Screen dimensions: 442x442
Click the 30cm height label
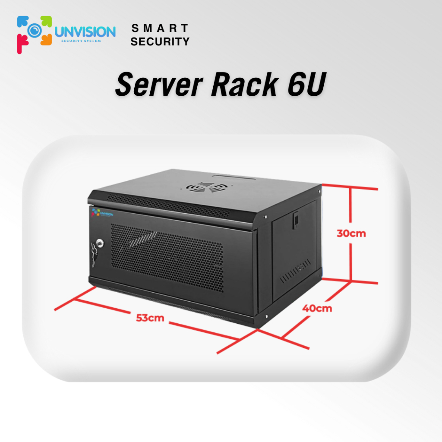351,234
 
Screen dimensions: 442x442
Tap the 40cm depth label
317,308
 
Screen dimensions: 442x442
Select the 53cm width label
150,318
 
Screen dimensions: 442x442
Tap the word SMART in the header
160,28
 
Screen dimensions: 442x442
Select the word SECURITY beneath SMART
160,42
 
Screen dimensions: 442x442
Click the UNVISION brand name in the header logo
85,32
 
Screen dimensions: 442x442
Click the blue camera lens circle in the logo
35,31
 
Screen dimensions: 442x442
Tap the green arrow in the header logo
46,22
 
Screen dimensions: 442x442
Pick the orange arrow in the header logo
46,40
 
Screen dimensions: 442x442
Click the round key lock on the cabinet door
100,243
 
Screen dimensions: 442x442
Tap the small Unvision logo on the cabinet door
102,213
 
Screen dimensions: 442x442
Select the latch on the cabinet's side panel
296,220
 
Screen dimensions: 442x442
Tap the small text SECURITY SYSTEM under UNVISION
81,41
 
